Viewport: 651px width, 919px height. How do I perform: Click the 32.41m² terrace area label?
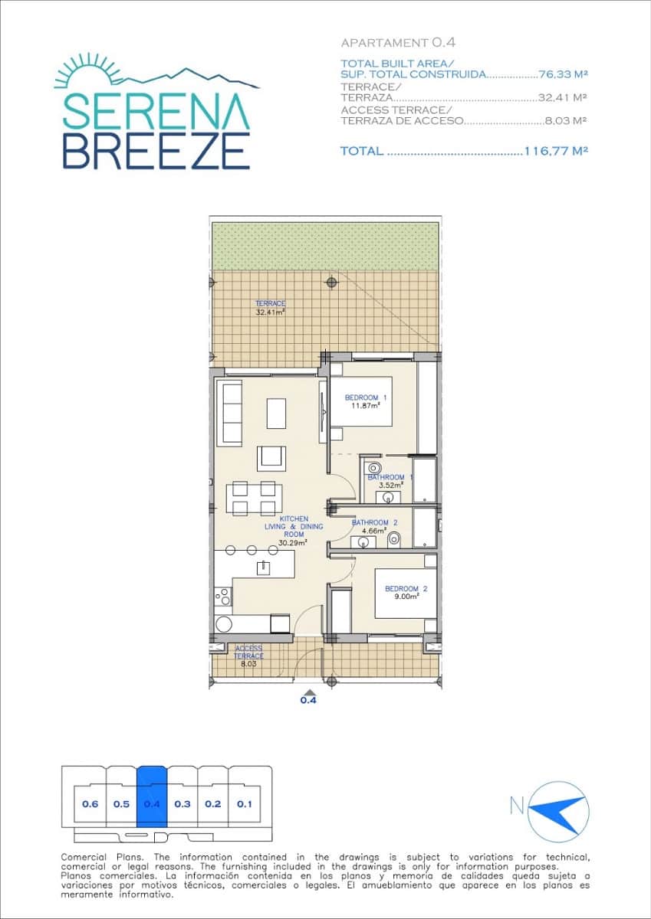[x=270, y=308]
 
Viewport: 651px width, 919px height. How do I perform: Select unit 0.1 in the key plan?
[x=245, y=804]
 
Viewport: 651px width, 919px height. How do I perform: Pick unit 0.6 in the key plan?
[x=90, y=804]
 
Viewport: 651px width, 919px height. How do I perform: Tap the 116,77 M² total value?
[x=555, y=152]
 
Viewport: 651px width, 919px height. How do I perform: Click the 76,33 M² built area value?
[x=563, y=74]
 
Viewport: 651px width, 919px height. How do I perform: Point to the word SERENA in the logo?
[x=156, y=112]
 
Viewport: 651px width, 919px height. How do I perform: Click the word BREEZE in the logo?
[x=156, y=150]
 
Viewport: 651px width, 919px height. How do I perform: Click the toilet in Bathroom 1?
[x=375, y=467]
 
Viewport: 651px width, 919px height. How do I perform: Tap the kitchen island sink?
[x=264, y=567]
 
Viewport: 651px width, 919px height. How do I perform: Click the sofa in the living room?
[x=230, y=413]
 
